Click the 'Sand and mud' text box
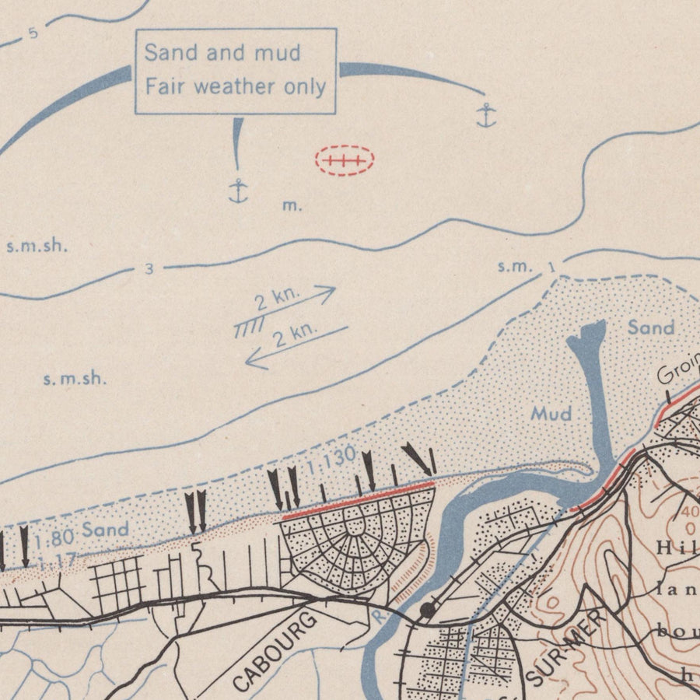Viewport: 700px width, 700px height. (x=236, y=71)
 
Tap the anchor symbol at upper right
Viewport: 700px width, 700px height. (x=486, y=116)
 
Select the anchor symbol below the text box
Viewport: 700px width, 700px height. (x=238, y=190)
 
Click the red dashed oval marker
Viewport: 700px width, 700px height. (x=345, y=161)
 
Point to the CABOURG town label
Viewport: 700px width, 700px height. (x=276, y=652)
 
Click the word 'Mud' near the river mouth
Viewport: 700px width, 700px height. (x=551, y=414)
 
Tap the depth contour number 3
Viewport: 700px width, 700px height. (x=149, y=270)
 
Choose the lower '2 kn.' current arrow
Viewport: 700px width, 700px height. (x=296, y=345)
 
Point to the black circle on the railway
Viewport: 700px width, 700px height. (x=426, y=611)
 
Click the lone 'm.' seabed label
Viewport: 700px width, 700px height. (x=292, y=206)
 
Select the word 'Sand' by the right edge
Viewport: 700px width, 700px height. (x=650, y=327)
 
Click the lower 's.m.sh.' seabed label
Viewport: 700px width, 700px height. (x=75, y=379)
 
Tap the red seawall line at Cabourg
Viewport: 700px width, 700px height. (x=358, y=499)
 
